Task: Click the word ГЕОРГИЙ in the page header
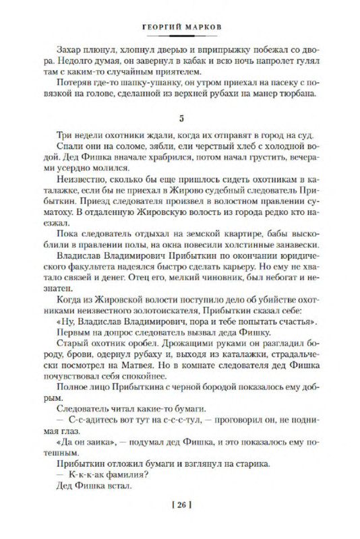(x=160, y=20)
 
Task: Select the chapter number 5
(x=181, y=119)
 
